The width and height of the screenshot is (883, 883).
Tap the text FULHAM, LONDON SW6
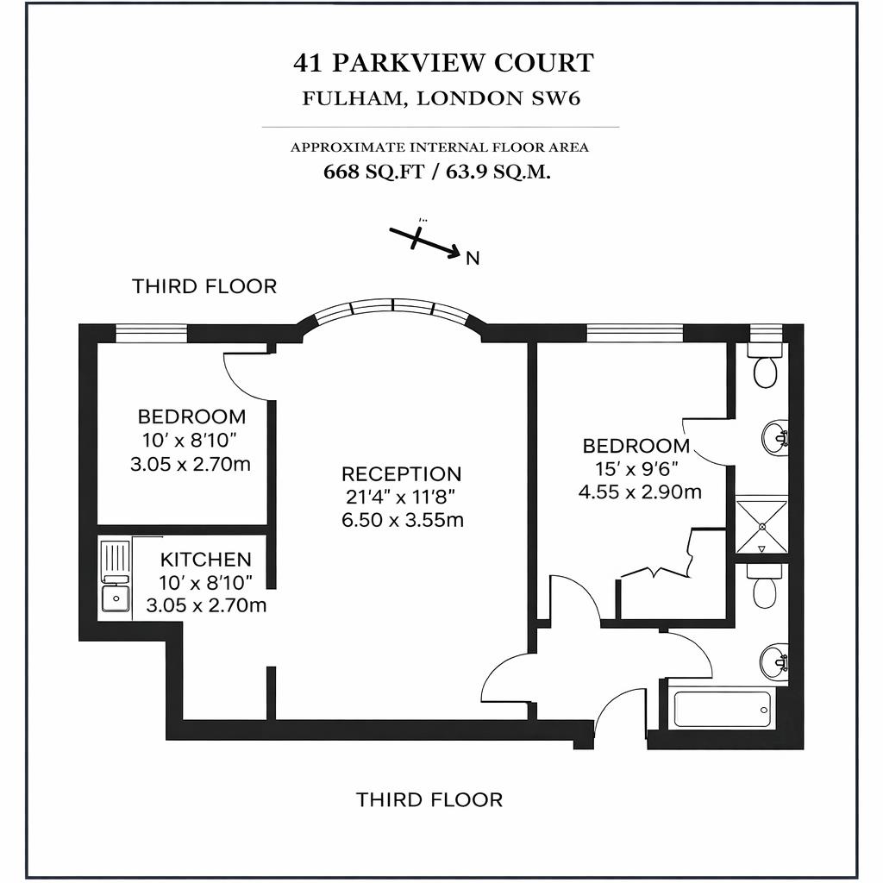pos(441,97)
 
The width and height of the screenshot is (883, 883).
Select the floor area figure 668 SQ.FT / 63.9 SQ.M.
pos(438,171)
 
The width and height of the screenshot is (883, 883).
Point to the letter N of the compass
pos(472,258)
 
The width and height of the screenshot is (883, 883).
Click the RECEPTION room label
pos(401,473)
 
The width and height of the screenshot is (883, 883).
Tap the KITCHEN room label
pos(206,560)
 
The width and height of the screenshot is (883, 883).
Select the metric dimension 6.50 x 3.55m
pos(402,520)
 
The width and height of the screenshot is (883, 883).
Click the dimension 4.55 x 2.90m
pos(639,492)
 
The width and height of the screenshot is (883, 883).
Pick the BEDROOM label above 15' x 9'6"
pos(636,446)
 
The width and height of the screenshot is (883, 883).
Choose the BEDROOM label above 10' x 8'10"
pos(191,416)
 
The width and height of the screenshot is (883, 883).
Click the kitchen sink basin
pos(115,597)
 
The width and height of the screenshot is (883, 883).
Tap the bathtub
pos(723,708)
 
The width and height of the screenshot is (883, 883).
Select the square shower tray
pos(761,524)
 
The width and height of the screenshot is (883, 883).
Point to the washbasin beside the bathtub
pos(773,662)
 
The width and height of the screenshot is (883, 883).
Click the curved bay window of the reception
pos(392,307)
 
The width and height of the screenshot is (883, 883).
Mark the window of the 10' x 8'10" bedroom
pos(151,333)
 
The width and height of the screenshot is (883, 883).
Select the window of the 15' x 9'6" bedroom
pos(635,333)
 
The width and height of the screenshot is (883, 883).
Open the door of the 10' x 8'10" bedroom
pos(247,375)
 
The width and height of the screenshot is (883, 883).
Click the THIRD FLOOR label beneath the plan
pos(429,800)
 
